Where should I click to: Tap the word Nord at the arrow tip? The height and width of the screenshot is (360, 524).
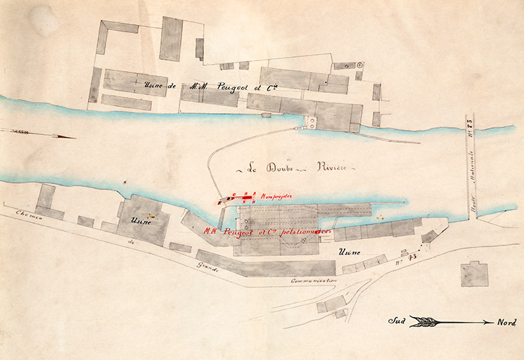(506, 323)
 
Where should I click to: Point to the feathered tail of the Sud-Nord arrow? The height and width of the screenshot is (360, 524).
(422, 322)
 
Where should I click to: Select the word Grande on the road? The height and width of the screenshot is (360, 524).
(208, 266)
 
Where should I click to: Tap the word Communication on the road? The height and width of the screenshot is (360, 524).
(314, 280)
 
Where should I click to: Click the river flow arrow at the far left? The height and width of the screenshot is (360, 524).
(39, 134)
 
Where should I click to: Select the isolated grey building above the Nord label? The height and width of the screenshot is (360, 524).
(474, 274)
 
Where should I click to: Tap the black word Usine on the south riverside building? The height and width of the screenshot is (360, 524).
(141, 221)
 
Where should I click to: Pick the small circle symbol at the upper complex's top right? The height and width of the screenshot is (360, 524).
(360, 65)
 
